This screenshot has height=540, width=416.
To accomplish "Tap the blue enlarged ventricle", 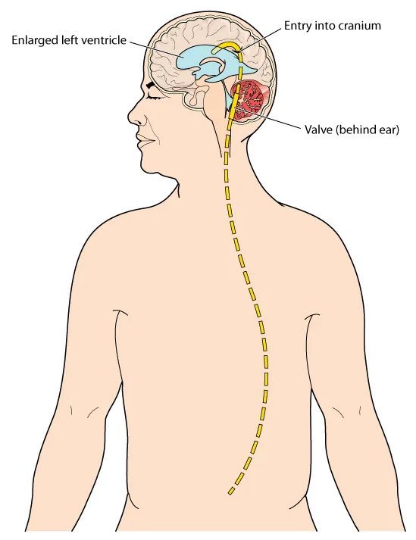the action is click(x=188, y=62).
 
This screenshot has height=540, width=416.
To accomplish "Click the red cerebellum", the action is click(x=249, y=100).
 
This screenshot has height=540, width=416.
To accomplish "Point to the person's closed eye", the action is click(x=155, y=98).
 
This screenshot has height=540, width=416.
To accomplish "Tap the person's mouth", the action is click(x=144, y=140).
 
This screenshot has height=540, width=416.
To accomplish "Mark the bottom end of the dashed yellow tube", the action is click(x=230, y=493).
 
